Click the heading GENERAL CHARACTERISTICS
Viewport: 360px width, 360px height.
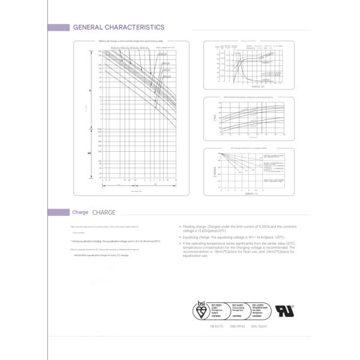coord(118,27)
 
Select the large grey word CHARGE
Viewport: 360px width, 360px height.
coord(104,212)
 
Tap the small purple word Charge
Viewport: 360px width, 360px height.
coord(80,212)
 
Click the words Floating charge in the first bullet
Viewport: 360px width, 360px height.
coord(193,226)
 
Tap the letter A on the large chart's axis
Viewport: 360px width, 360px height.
coord(90,90)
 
